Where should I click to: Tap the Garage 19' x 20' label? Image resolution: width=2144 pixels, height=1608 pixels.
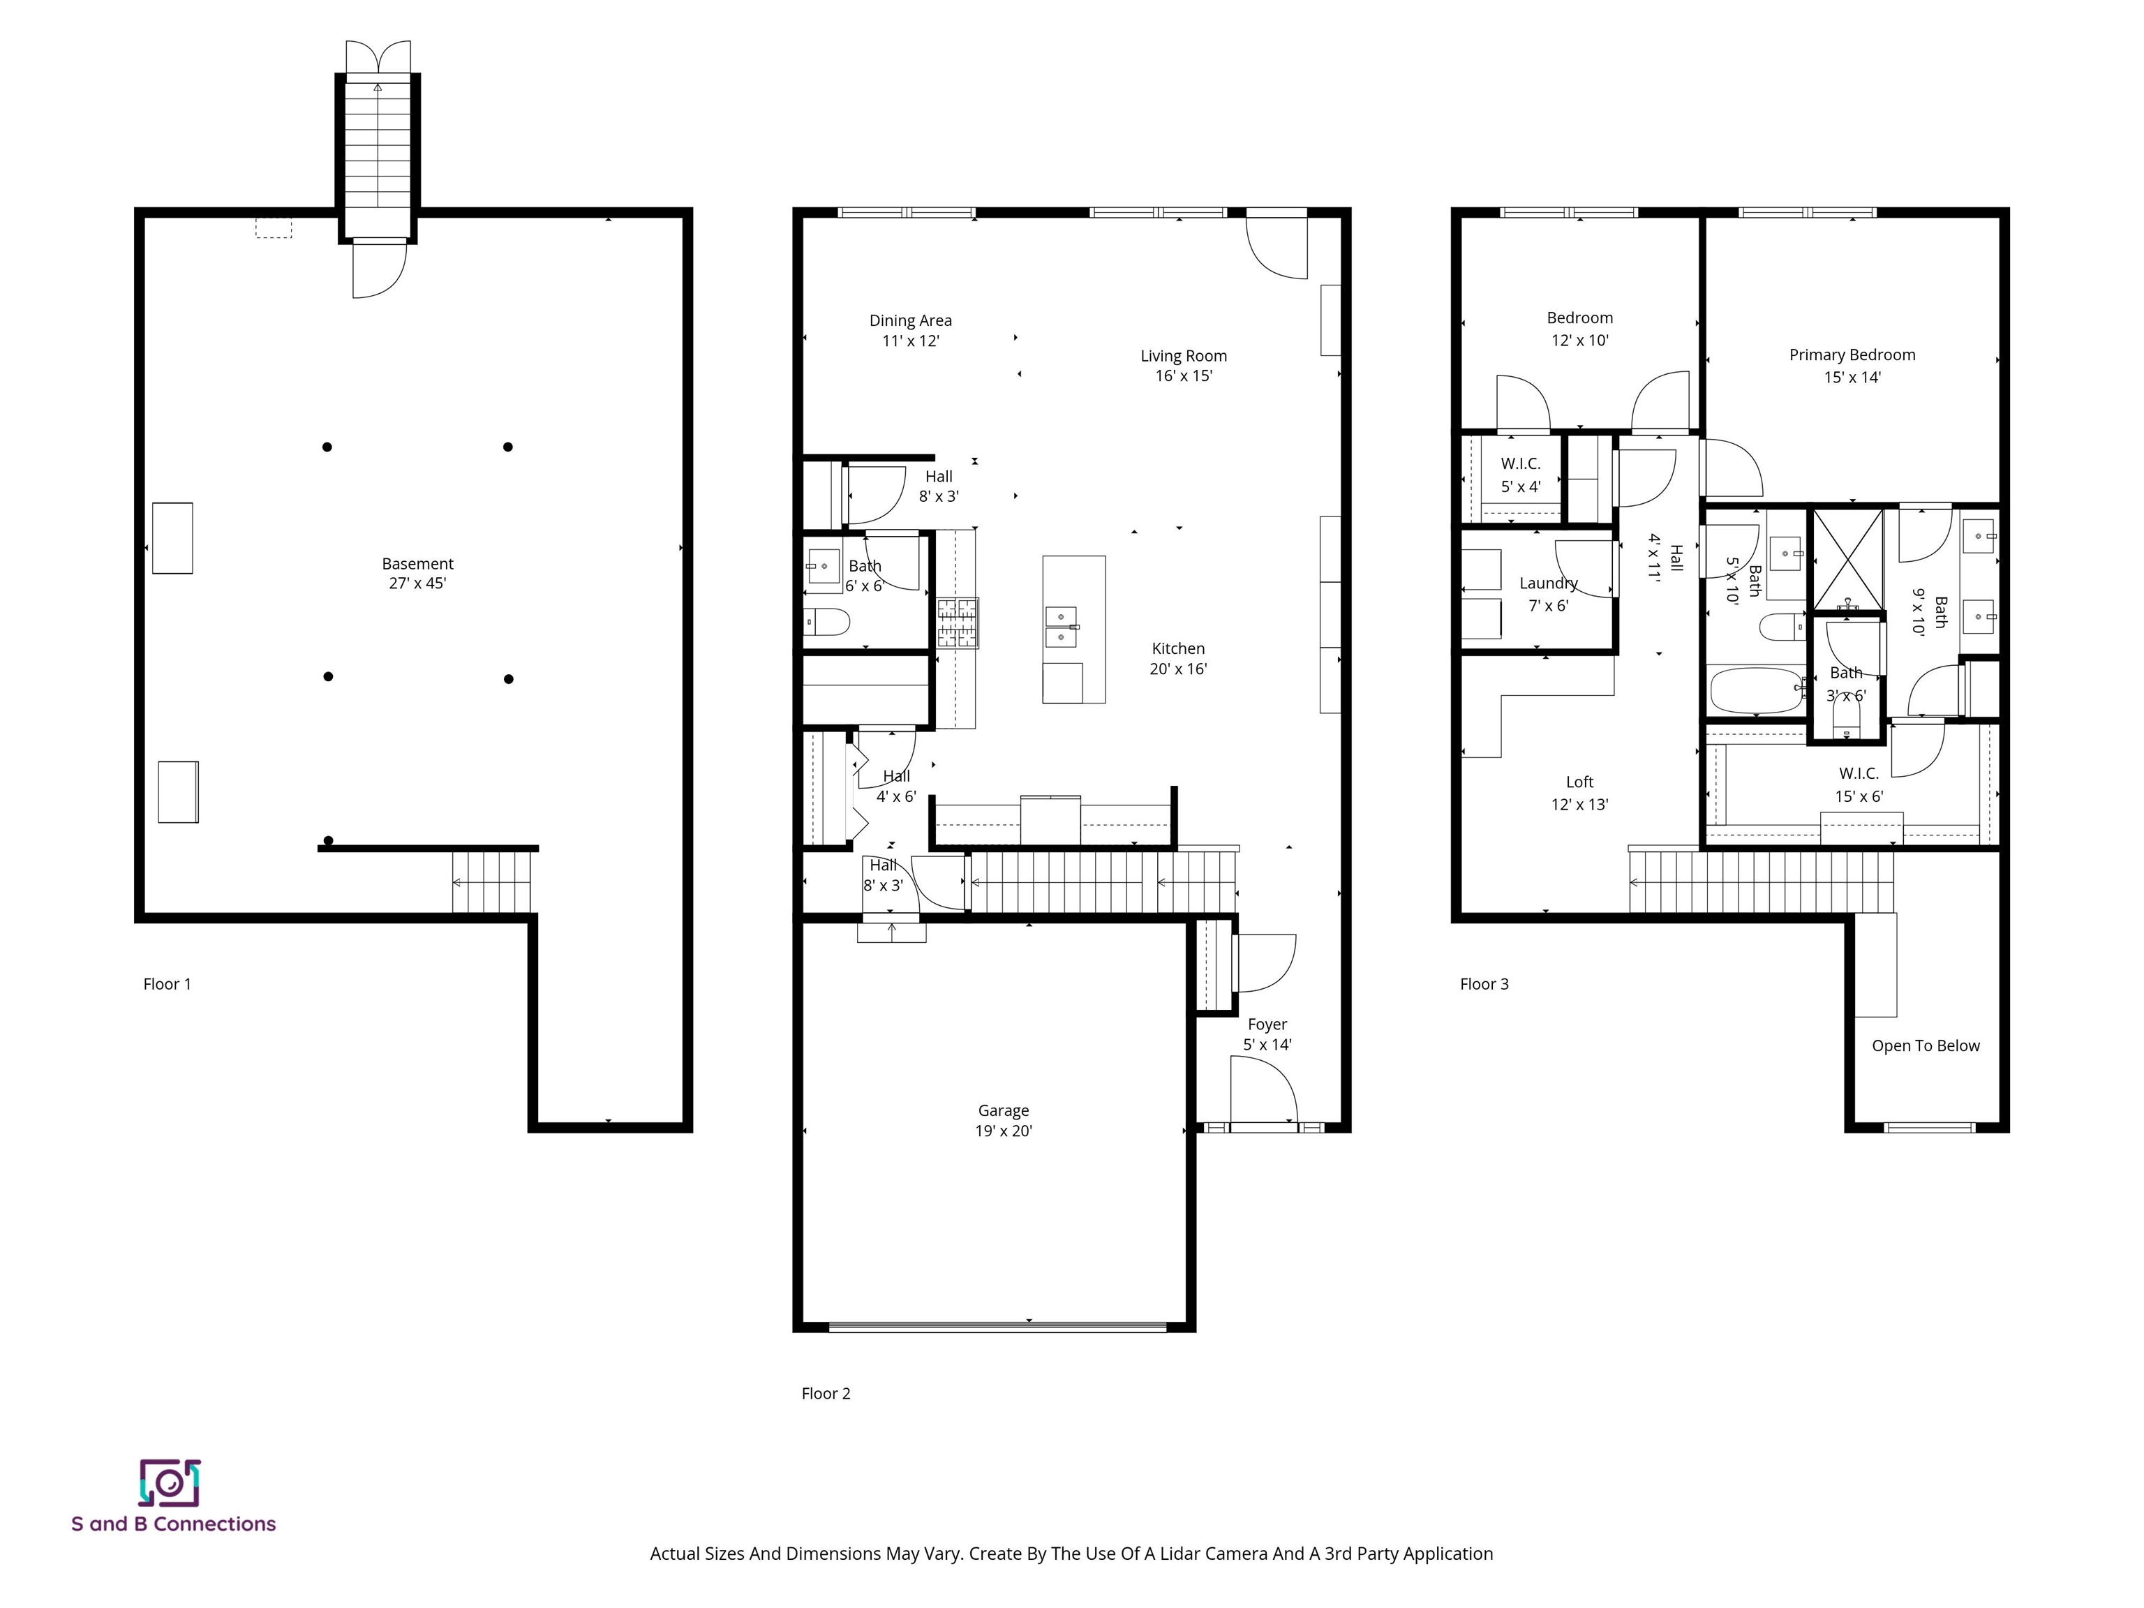(1003, 1120)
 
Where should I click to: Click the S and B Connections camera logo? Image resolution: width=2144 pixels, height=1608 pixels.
(170, 1483)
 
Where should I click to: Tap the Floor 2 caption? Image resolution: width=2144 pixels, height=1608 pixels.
(826, 1393)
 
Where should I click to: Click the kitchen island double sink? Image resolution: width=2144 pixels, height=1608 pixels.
(1062, 626)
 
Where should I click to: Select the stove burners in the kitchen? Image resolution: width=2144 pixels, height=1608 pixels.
(957, 623)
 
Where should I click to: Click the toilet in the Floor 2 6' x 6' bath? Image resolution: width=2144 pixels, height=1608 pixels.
(827, 620)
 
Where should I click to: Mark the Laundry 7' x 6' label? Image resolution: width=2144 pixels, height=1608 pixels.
(1548, 594)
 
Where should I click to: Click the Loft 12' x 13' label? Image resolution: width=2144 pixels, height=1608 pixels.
(1579, 793)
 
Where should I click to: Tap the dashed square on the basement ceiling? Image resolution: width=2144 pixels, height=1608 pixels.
(274, 228)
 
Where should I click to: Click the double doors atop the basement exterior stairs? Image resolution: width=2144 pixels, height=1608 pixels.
(378, 57)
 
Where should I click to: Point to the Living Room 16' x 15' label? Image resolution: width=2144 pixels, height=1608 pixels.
(1184, 366)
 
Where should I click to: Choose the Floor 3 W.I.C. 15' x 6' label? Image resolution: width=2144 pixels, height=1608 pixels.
(1858, 784)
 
